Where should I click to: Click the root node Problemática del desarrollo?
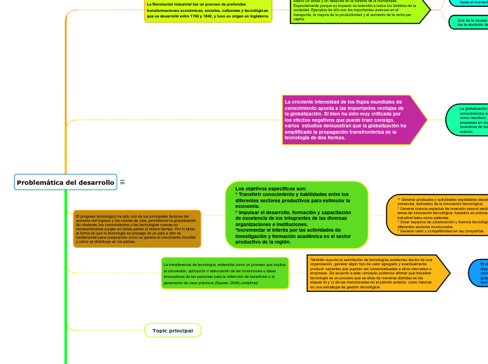coord(65,183)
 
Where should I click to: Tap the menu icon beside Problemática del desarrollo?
coord(123,183)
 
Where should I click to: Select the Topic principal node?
coord(172,330)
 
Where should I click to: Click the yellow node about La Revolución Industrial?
coord(207,10)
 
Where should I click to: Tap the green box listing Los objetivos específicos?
coord(296,215)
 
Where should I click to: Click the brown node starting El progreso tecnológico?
coord(137,229)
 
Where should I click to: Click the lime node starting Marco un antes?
coord(357,12)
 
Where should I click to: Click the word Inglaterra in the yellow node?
coord(254,16)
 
